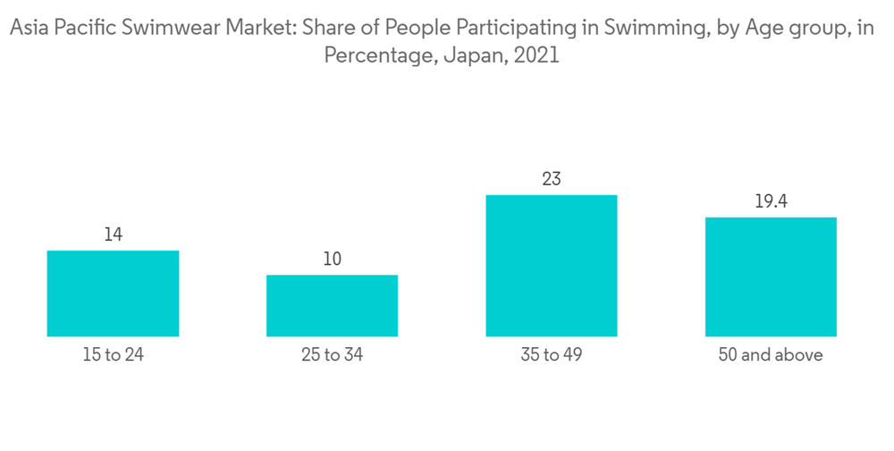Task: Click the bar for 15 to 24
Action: tap(113, 294)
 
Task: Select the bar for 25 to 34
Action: tap(332, 305)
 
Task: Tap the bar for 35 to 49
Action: tap(552, 266)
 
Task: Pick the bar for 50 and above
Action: tap(771, 277)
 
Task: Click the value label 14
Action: tap(113, 235)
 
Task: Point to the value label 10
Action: tap(332, 260)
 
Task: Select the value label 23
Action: tap(552, 179)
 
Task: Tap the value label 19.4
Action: tap(771, 201)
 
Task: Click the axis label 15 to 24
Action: tap(113, 355)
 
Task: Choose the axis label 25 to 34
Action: tap(332, 355)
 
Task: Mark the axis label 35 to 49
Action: tap(552, 355)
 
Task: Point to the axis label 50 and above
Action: tap(771, 355)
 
